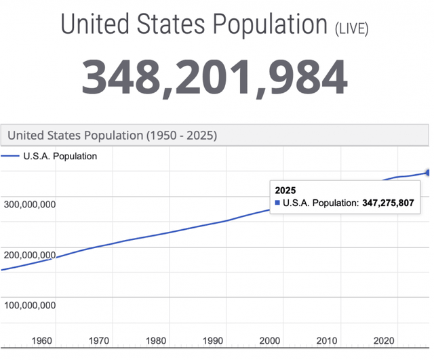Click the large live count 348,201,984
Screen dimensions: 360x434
(215, 77)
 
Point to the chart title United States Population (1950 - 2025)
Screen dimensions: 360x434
(112, 135)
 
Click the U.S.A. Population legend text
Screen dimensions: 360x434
(60, 157)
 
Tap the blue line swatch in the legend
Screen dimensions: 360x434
(10, 157)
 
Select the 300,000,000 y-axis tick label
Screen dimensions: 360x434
(31, 204)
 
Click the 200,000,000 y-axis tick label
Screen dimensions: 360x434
(31, 255)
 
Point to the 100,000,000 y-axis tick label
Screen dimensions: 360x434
(31, 305)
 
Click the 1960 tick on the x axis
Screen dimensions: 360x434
(43, 341)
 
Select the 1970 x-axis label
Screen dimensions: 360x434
(100, 341)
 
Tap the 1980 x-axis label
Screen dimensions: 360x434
(157, 341)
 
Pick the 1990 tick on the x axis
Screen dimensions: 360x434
(214, 341)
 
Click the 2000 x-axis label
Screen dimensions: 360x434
(270, 341)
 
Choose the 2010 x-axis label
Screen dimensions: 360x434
(327, 341)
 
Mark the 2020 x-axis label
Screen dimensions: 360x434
(384, 341)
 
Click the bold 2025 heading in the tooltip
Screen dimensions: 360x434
(285, 191)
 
